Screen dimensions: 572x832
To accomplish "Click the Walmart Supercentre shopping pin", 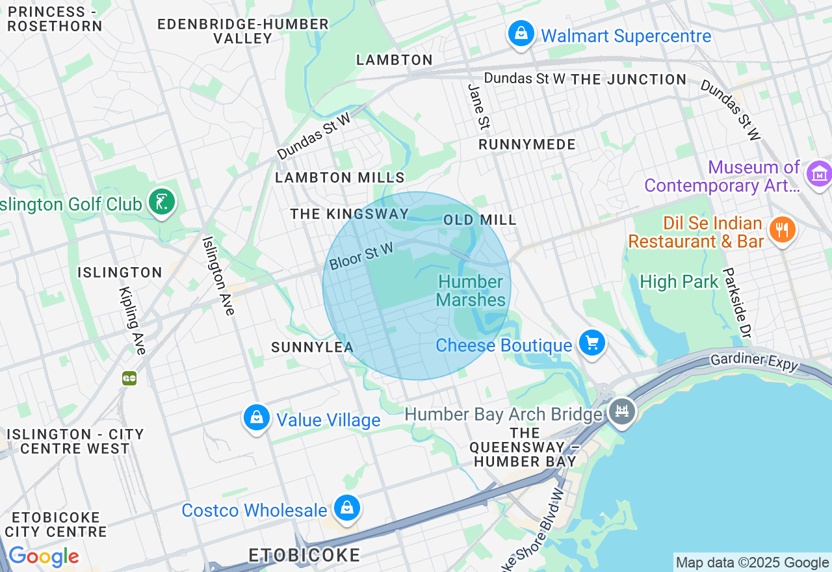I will [521, 33].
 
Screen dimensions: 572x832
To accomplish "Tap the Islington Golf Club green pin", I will [161, 202].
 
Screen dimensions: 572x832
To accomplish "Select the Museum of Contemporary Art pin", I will [818, 174].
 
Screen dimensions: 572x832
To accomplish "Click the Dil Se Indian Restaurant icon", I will [782, 230].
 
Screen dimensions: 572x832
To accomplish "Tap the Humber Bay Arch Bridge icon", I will [622, 411].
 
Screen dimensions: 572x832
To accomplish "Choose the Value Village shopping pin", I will [257, 417].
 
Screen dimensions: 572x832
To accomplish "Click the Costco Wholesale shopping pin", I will [347, 508].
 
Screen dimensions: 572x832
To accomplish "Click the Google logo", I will [44, 557].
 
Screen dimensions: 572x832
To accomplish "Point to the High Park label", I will [679, 282].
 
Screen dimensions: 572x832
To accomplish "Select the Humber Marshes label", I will [471, 291].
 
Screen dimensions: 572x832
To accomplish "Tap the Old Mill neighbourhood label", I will [480, 220].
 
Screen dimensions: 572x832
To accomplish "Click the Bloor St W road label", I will [361, 256].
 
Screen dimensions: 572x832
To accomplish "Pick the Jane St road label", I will [478, 106].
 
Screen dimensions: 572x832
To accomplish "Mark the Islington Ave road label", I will [218, 275].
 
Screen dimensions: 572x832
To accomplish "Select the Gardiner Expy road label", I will [754, 362].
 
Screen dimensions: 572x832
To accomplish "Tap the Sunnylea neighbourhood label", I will [312, 347].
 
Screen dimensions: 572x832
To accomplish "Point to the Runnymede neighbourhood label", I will [527, 144].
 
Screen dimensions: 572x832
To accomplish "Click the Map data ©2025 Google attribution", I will [752, 563].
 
